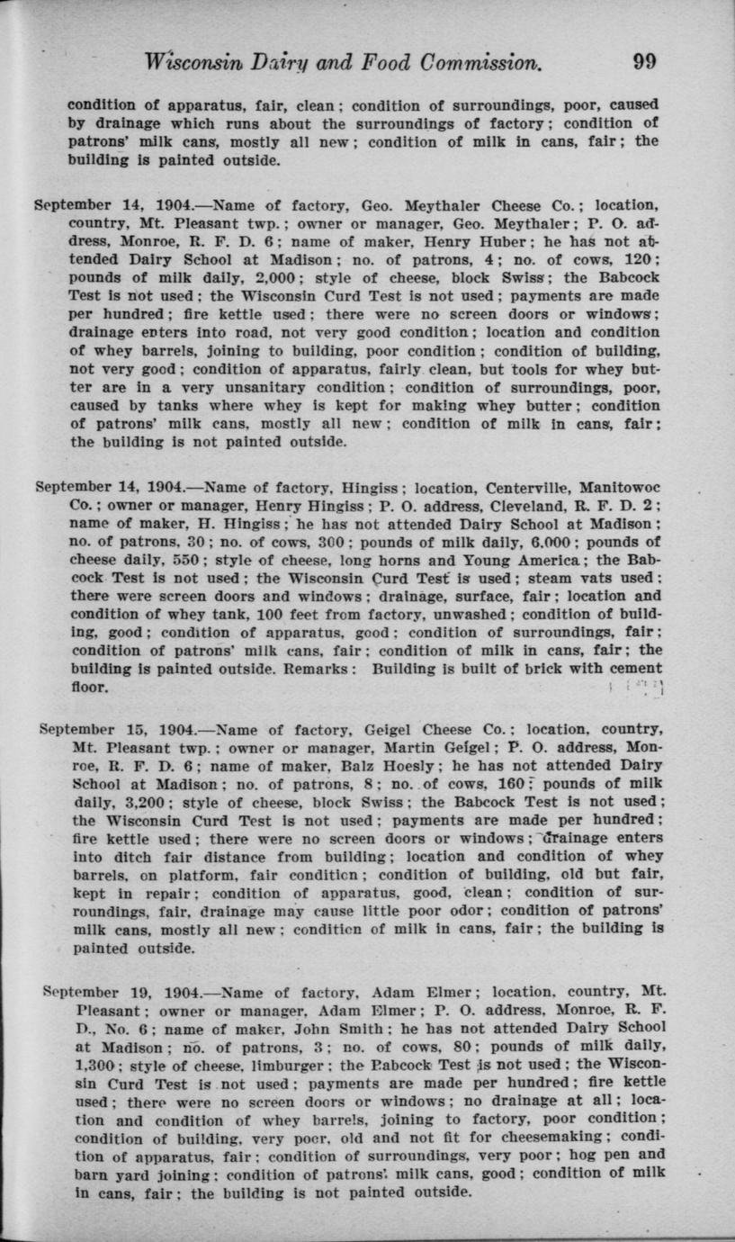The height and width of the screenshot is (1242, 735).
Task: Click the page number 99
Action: pos(644,61)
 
